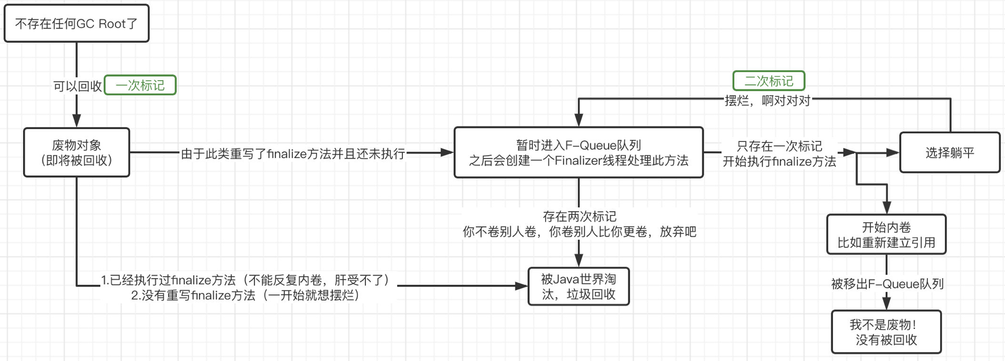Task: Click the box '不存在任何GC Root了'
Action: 77,24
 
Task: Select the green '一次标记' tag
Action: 140,85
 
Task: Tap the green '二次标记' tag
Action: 769,81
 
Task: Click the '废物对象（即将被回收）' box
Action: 77,153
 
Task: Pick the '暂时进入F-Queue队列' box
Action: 579,153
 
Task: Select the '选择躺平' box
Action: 950,153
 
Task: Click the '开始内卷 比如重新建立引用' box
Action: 886,235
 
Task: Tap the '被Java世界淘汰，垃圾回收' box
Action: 579,286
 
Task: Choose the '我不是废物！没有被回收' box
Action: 886,332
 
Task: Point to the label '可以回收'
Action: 78,86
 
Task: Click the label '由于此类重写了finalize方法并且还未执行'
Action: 293,154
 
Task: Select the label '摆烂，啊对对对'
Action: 767,101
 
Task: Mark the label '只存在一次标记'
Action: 779,146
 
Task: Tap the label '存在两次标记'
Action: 580,216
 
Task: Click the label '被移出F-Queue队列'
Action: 887,284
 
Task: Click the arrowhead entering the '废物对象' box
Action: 77,121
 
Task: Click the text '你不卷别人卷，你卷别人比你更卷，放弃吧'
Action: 580,232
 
